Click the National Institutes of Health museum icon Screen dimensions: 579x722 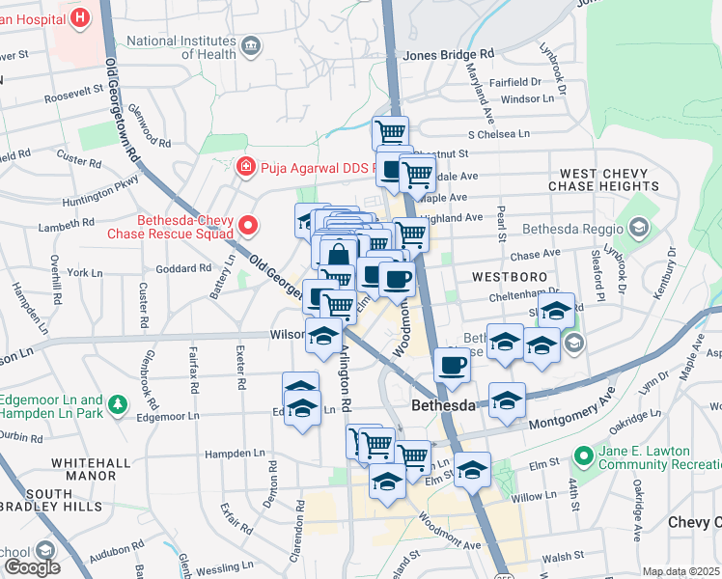(252, 45)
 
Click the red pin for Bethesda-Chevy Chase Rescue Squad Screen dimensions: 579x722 (248, 226)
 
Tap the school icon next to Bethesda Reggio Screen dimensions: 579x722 (637, 229)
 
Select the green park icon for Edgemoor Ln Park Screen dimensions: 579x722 (118, 402)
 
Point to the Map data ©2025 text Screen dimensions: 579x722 (680, 571)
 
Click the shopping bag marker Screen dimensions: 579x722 (338, 257)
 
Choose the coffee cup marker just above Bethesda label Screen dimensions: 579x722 (452, 366)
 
